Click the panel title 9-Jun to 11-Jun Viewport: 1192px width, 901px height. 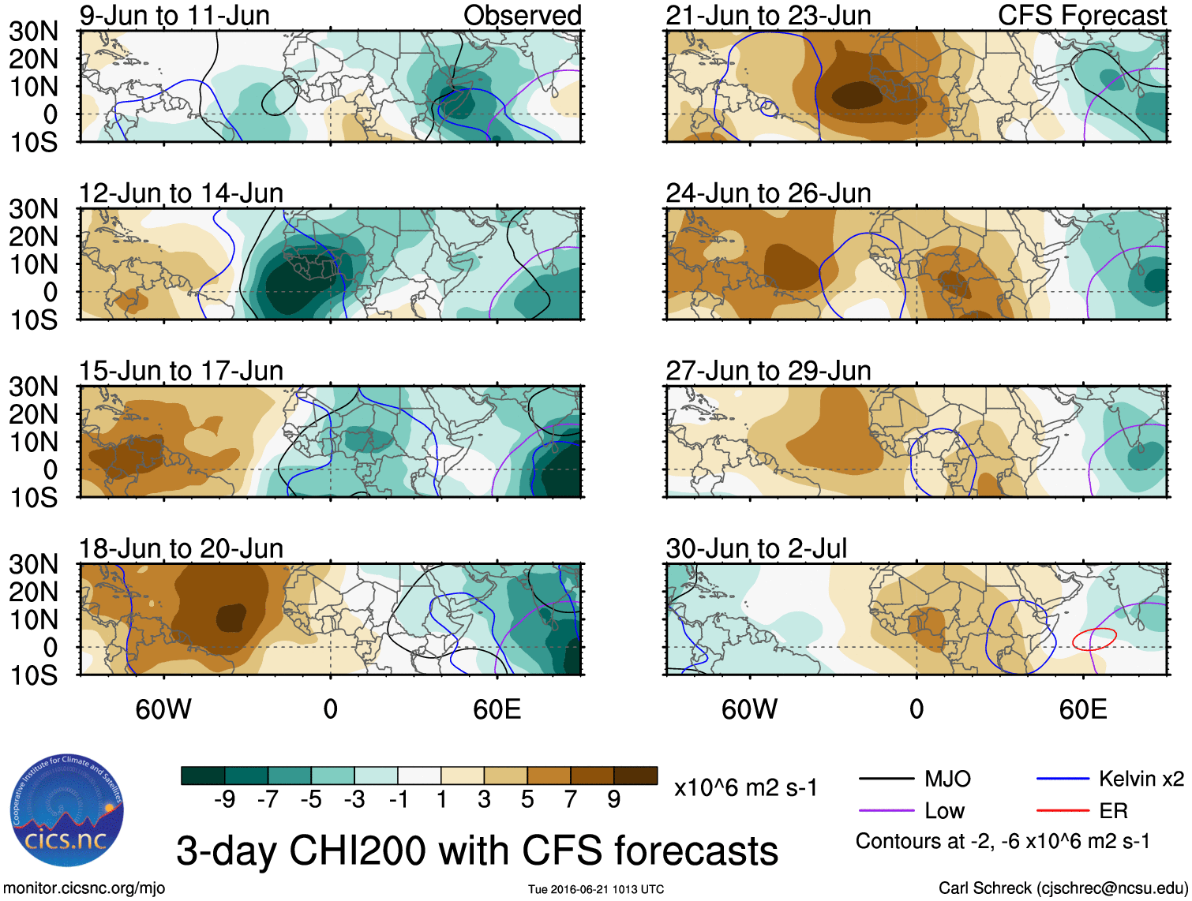click(174, 16)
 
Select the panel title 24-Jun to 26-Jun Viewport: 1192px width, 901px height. click(768, 193)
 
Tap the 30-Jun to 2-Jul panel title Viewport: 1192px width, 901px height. click(756, 548)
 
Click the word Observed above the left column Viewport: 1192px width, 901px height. click(522, 16)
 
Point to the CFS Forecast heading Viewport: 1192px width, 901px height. click(1082, 16)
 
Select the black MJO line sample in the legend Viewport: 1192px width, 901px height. click(886, 779)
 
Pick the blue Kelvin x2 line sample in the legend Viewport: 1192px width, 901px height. click(1063, 779)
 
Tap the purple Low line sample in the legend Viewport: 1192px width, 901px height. click(886, 811)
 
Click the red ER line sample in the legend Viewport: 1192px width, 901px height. click(1063, 811)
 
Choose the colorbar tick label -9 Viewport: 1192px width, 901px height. click(224, 800)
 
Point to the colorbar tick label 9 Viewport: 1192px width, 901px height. click(613, 800)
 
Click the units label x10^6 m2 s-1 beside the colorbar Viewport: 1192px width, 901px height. click(745, 787)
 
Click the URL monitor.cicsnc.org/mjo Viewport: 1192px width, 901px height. click(84, 888)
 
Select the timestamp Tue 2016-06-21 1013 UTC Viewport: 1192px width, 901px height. click(596, 889)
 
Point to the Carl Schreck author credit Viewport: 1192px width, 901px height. click(1063, 888)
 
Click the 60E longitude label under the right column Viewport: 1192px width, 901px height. click(1082, 709)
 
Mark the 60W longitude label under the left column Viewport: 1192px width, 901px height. click(163, 709)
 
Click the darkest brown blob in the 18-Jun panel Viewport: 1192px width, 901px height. click(231, 617)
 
